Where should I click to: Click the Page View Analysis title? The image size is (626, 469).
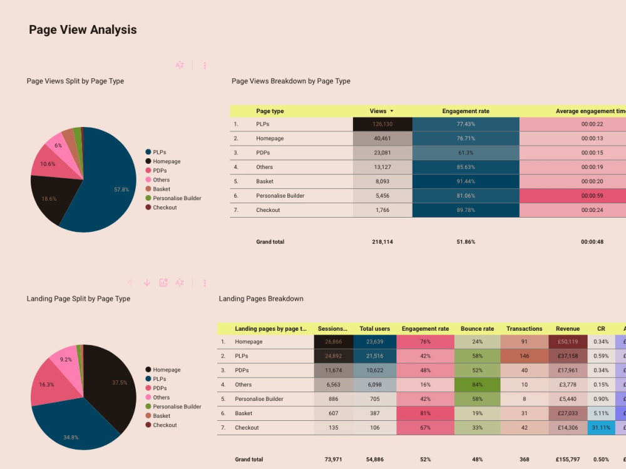tap(83, 30)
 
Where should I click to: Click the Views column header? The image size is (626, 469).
tap(378, 111)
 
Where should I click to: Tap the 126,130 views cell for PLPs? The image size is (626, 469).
tap(382, 124)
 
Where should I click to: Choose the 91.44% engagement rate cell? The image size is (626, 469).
tap(466, 181)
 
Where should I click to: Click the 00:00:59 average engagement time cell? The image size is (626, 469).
tap(592, 196)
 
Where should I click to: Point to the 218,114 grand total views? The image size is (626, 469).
tap(382, 242)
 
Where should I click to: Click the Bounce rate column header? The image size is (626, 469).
tap(477, 329)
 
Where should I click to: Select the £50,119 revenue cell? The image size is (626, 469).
tap(567, 342)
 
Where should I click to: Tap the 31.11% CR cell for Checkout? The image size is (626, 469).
tap(601, 428)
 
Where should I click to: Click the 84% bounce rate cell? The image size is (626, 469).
tap(477, 385)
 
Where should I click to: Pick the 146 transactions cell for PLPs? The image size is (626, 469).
tap(524, 356)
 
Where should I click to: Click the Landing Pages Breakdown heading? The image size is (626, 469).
tap(261, 299)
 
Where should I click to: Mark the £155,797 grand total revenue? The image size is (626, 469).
tap(567, 460)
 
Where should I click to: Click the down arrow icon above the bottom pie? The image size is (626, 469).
tap(147, 283)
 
